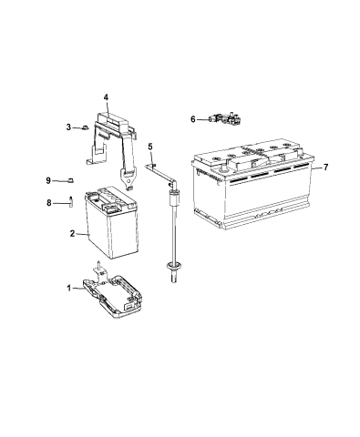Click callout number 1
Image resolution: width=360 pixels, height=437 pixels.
[x=69, y=288]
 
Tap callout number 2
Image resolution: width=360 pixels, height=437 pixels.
[x=72, y=233]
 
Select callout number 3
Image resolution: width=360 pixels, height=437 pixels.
[x=68, y=127]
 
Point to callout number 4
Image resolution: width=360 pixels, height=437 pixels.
[x=106, y=97]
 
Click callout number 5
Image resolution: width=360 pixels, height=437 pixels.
[x=150, y=147]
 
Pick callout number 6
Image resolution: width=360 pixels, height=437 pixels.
[x=193, y=119]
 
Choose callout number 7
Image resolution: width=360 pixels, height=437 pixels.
[x=326, y=168]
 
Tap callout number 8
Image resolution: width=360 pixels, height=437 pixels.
[x=49, y=203]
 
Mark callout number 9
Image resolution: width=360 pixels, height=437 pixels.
[x=48, y=180]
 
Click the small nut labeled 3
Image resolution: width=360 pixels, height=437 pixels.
[x=85, y=127]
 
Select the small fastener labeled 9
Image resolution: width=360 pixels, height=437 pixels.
[x=70, y=180]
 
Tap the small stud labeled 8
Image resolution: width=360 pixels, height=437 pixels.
[x=71, y=201]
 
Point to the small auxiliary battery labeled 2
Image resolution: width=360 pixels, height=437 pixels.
[x=111, y=222]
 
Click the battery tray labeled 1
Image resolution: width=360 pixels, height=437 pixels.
[x=111, y=295]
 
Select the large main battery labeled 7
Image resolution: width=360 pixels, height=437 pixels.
[x=252, y=184]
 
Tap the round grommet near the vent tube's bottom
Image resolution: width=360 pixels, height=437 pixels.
[x=173, y=266]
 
